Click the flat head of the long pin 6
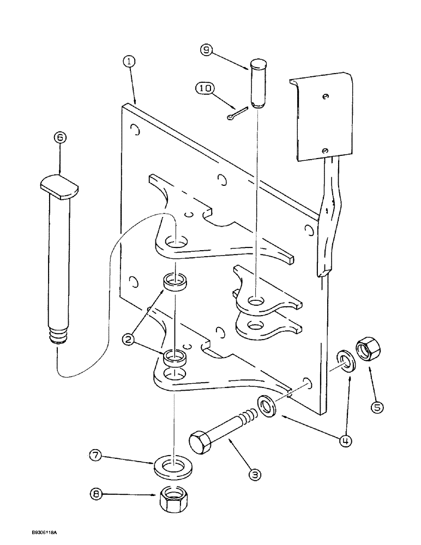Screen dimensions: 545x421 point(59,186)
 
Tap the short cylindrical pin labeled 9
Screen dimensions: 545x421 point(258,84)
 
